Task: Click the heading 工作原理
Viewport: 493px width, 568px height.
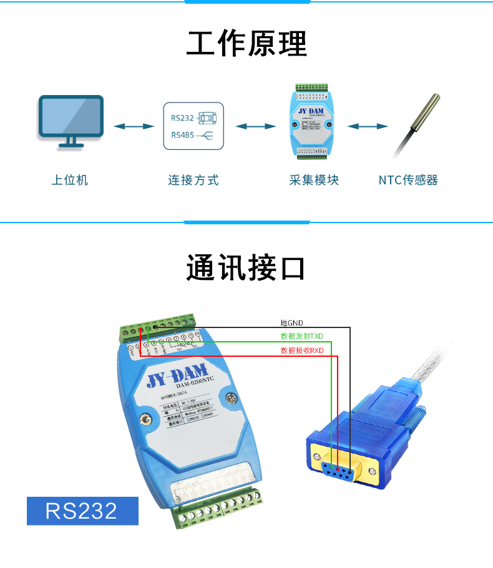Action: [x=246, y=44]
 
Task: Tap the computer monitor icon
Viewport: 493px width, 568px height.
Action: [x=71, y=120]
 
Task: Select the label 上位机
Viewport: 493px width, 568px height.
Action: [x=70, y=181]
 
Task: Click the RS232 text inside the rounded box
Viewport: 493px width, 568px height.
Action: [x=182, y=117]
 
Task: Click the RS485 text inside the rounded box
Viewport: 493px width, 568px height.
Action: [x=182, y=135]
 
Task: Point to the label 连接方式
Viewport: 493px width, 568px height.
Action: [x=193, y=181]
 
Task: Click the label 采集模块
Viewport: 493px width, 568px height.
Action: [x=315, y=181]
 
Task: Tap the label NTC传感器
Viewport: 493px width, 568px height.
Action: [x=408, y=181]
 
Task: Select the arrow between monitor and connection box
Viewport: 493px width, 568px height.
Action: [x=134, y=126]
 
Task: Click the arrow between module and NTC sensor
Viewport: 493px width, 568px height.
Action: [x=368, y=126]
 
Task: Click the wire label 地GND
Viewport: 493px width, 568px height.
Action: [x=291, y=323]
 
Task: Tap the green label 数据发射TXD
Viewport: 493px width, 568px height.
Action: [x=302, y=336]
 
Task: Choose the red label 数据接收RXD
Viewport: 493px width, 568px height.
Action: [x=302, y=351]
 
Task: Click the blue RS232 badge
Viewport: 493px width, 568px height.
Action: [x=82, y=511]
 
